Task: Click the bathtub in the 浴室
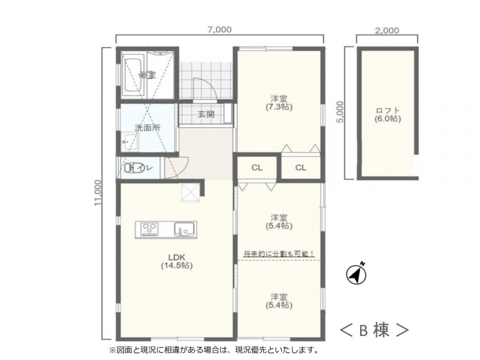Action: click(x=132, y=78)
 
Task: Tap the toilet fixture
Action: click(x=134, y=168)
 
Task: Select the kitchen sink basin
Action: click(x=184, y=230)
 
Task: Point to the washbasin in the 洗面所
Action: click(x=130, y=142)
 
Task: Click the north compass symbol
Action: click(x=356, y=274)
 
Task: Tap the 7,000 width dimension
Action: click(x=220, y=30)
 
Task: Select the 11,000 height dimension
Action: click(x=98, y=193)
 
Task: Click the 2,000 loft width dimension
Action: click(x=387, y=31)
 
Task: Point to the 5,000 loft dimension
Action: click(x=340, y=112)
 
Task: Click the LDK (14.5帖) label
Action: click(x=176, y=262)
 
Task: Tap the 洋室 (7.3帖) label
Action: click(x=279, y=103)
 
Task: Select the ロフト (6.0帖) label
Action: click(x=388, y=115)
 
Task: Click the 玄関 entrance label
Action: click(x=206, y=115)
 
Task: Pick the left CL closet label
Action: click(x=257, y=168)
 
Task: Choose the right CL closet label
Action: click(x=301, y=168)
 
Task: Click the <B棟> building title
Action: click(x=374, y=330)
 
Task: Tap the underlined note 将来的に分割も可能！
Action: click(x=279, y=254)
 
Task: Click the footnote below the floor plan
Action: click(x=215, y=349)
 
